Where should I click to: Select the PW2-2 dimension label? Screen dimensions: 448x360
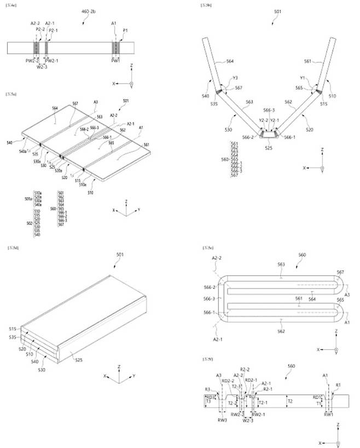pos(34,60)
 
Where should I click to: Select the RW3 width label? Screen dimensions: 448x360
pos(222,420)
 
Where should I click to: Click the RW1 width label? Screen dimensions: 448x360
pos(328,415)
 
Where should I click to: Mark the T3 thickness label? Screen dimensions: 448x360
pos(208,401)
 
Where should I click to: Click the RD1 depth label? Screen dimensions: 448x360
pos(317,397)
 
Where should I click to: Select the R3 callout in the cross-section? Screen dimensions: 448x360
pos(207,389)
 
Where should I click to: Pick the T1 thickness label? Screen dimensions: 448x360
pos(318,403)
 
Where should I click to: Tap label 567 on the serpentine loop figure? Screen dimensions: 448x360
pos(340,272)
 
